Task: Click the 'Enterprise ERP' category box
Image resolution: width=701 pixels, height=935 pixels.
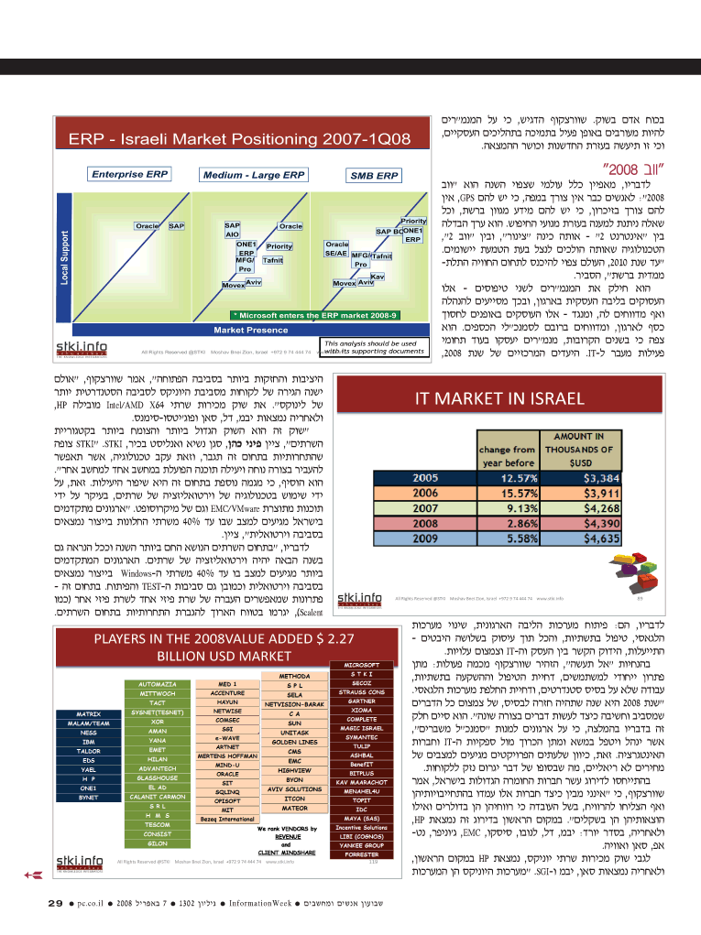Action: (x=130, y=174)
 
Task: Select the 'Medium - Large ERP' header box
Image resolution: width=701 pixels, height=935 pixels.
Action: (x=242, y=174)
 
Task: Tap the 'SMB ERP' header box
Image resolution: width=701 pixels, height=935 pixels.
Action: (x=373, y=175)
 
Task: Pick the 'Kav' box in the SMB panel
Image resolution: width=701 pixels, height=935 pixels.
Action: (x=376, y=276)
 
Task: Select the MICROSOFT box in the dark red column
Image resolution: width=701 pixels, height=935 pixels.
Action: (x=361, y=665)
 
